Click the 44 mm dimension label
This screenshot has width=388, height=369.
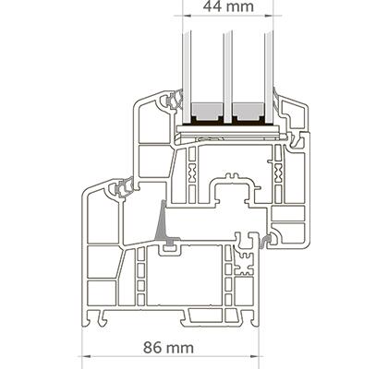pyautogui.click(x=228, y=6)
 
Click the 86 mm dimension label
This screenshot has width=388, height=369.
pyautogui.click(x=169, y=348)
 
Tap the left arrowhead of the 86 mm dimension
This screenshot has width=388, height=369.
pyautogui.click(x=86, y=357)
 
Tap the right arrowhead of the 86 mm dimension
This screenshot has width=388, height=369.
pyautogui.click(x=254, y=357)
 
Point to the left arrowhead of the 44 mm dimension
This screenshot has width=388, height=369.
pyautogui.click(x=188, y=15)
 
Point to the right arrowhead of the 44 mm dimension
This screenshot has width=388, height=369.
pyautogui.click(x=269, y=15)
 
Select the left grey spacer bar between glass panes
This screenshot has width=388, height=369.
pyautogui.click(x=207, y=112)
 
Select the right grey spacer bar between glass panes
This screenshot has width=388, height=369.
pyautogui.click(x=249, y=112)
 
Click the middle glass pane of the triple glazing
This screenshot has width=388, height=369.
pyautogui.click(x=228, y=77)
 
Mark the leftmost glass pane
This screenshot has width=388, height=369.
pyautogui.click(x=187, y=77)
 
